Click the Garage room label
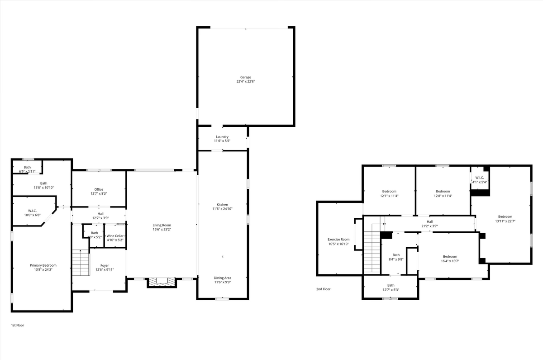tap(246, 77)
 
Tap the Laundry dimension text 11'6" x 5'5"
tap(222, 141)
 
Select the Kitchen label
tap(222, 205)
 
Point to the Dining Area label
tap(222, 278)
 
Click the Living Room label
tap(162, 225)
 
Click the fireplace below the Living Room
tap(162, 282)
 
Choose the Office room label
tap(99, 189)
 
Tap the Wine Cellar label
tap(115, 236)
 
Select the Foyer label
tap(105, 265)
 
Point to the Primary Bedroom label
tap(43, 265)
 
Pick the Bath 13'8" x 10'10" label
tap(43, 183)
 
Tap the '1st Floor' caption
tap(18, 325)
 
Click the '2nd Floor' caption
tap(323, 289)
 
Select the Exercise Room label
tap(338, 239)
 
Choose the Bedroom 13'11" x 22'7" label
tap(505, 216)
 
